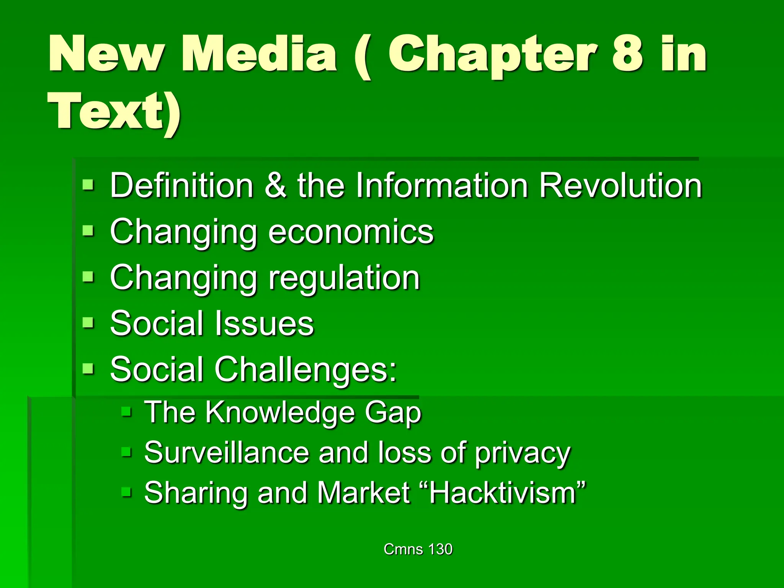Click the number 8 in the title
pos(627,54)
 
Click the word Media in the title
pos(259,54)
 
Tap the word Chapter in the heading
pos(492,56)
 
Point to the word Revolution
pos(621,186)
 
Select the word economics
pos(351,232)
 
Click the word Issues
pos(264,324)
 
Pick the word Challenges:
pos(305,370)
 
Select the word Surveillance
pos(227,452)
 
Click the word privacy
pos(523,454)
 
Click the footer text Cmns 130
pos(418,549)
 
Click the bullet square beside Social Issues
pos(88,323)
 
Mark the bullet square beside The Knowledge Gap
pos(126,412)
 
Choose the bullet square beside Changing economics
pos(88,231)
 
